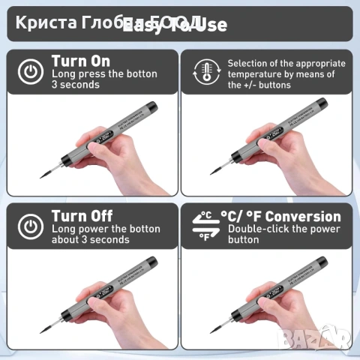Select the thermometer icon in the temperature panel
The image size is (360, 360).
coord(205,72)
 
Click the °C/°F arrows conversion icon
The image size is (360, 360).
coord(204,226)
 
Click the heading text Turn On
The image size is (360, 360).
coord(80,61)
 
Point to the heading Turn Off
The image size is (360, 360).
coord(81,216)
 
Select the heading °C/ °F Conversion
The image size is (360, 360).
coord(280,216)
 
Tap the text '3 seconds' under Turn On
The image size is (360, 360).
coord(76,85)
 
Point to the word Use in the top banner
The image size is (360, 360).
coord(213,25)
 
